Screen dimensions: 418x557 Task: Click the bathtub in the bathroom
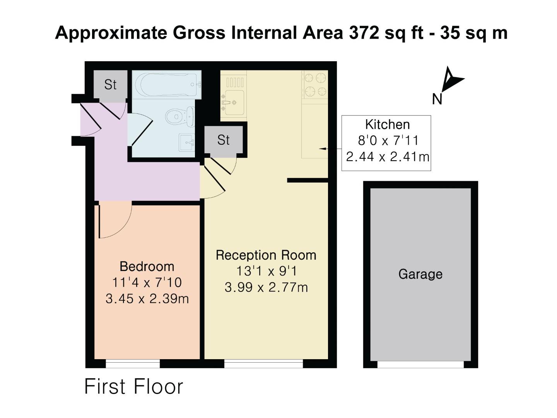coord(166,84)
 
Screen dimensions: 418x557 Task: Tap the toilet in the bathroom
coord(180,116)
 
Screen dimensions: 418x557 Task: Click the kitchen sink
coord(232,103)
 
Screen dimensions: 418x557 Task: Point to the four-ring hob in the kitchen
coord(315,85)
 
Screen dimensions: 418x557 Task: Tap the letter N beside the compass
coord(437,99)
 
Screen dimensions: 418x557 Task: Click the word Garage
coord(420,274)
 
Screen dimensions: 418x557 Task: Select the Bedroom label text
coord(147,266)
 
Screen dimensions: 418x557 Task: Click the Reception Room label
coord(266,255)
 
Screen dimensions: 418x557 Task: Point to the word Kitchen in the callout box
coord(387,125)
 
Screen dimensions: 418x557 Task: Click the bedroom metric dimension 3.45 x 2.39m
coord(147,299)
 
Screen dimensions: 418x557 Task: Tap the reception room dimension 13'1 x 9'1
coord(266,271)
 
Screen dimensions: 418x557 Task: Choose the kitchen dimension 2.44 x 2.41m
coord(387,157)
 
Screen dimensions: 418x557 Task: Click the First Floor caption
coord(133,387)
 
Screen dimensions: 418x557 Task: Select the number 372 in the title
coord(364,33)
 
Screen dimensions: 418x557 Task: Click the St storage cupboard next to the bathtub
coord(110,84)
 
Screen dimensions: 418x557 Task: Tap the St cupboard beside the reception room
coord(224,140)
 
